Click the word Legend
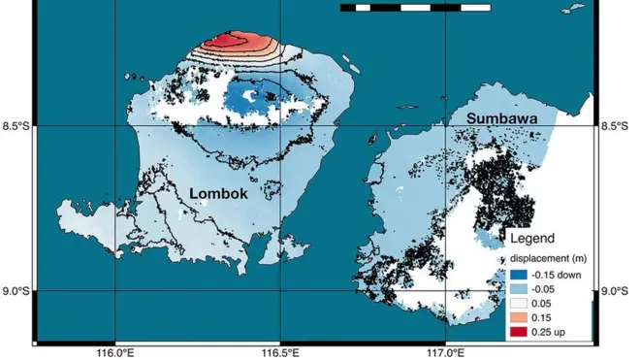tap(532, 239)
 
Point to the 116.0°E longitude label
tap(115, 351)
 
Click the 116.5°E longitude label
tap(280, 351)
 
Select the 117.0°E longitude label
tap(445, 351)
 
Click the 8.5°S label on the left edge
tap(16, 126)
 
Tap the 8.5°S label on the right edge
tap(617, 126)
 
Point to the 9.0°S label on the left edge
tap(16, 291)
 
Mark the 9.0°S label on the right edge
tap(617, 291)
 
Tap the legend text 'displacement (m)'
tap(546, 258)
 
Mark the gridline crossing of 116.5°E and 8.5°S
tap(280, 126)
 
